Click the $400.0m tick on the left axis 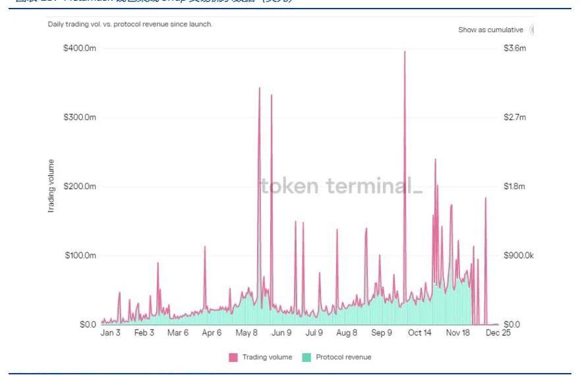click(80, 49)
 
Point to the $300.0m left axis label click(80, 117)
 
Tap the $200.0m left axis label click(80, 187)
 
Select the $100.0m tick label click(80, 255)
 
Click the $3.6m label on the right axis click(515, 49)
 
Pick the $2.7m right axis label click(515, 117)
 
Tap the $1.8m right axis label click(515, 187)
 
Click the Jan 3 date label click(110, 333)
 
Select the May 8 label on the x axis click(247, 333)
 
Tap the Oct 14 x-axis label click(419, 333)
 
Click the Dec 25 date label click(498, 333)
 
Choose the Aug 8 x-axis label click(346, 333)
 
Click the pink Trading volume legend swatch click(233, 357)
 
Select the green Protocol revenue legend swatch click(306, 357)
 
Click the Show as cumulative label click(490, 30)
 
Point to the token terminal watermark click(341, 187)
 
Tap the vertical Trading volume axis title click(51, 187)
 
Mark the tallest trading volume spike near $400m click(405, 52)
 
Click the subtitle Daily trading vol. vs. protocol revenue click(130, 24)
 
